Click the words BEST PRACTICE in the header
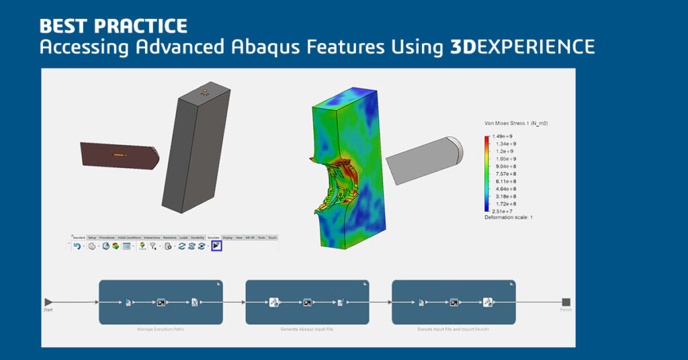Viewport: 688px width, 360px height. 113,27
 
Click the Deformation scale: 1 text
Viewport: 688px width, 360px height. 509,218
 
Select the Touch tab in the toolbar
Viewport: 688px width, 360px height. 272,238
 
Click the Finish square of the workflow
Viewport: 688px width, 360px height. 566,302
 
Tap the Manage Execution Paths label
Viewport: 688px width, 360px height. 161,329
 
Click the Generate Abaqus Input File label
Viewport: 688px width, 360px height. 307,329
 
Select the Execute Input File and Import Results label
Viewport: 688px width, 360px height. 454,329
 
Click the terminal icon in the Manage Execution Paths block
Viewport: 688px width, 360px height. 161,303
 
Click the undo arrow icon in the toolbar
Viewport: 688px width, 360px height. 77,246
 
